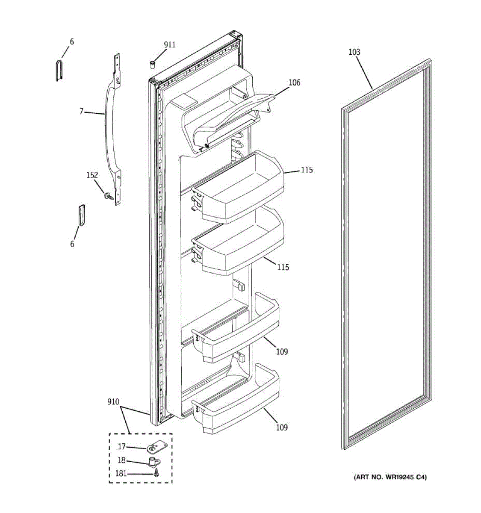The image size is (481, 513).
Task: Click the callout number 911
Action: click(169, 44)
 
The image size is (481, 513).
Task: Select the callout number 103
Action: click(354, 52)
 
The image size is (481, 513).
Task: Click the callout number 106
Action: click(294, 83)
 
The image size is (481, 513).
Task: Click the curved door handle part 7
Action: click(109, 128)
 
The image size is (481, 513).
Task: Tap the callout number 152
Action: click(92, 175)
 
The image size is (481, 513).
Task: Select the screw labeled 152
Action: click(107, 196)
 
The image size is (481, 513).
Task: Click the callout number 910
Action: click(113, 402)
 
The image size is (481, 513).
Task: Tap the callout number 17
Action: click(122, 447)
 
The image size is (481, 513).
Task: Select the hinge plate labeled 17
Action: click(156, 448)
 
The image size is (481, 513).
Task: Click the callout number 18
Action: click(122, 460)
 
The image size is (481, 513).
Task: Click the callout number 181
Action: click(121, 473)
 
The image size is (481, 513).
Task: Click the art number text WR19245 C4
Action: click(390, 477)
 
